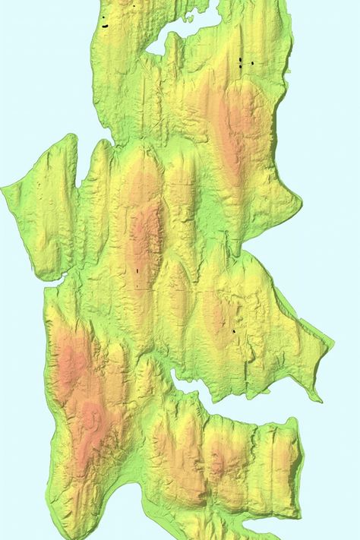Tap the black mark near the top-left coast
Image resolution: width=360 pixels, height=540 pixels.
coord(103,25)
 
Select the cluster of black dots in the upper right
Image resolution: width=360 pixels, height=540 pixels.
coord(242,63)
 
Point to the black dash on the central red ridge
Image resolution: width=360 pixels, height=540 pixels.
coord(137,270)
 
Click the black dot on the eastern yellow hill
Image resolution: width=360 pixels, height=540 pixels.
coord(234,331)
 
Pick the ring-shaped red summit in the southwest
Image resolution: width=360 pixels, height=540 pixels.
coord(94,418)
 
